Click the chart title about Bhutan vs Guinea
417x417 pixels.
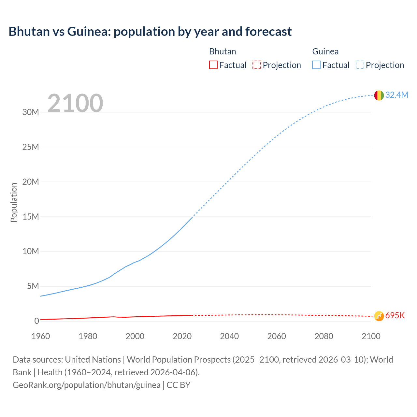point(150,32)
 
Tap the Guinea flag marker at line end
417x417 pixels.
point(379,95)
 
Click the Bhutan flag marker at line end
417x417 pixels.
point(379,316)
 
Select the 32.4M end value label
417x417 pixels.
point(396,95)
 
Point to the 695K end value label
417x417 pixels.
point(395,315)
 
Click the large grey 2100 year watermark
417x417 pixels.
point(75,103)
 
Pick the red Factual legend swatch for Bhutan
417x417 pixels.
point(213,65)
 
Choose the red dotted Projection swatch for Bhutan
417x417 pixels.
point(257,65)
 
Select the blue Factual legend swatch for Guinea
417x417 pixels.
point(316,65)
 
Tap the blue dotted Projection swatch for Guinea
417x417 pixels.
point(360,65)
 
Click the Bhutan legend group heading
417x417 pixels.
point(223,51)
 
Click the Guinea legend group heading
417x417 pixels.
point(325,51)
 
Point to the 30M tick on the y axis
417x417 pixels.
point(31,112)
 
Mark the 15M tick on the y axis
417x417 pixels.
point(31,217)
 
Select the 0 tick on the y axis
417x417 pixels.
point(36,321)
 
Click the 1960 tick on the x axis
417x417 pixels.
point(41,336)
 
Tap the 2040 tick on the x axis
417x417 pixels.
point(229,336)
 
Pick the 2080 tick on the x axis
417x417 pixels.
point(324,336)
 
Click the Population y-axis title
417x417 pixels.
point(14,202)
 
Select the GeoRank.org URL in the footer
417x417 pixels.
point(87,385)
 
